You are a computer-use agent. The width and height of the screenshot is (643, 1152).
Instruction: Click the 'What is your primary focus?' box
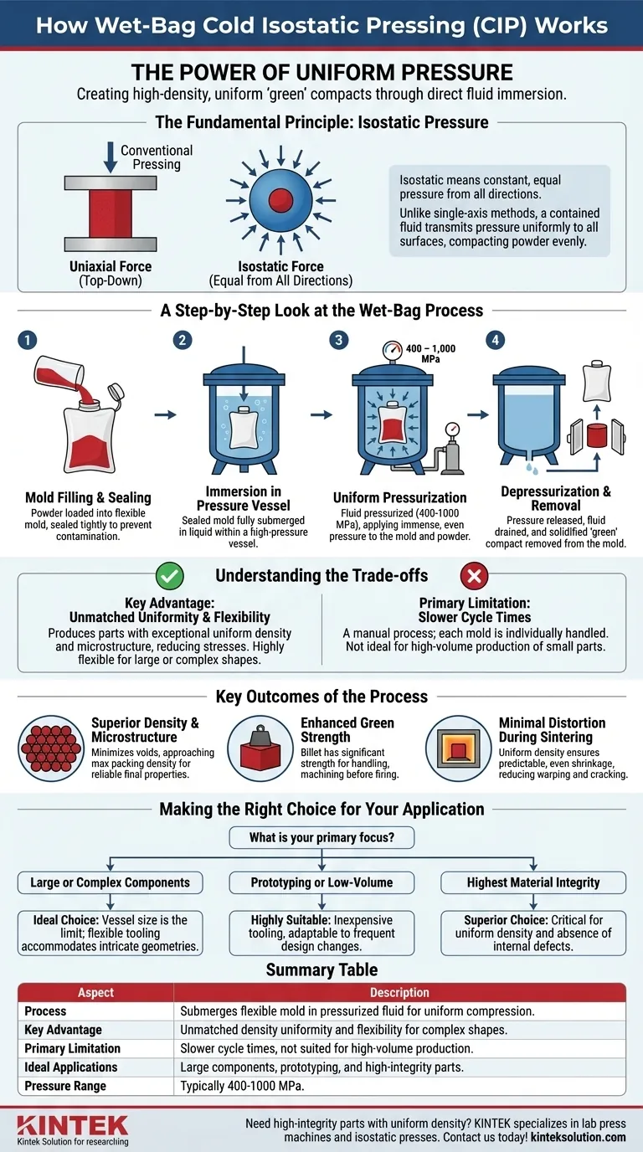321,837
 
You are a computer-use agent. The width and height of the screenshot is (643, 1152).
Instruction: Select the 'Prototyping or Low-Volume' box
321,882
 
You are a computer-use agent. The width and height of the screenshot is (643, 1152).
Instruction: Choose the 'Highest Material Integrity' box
532,882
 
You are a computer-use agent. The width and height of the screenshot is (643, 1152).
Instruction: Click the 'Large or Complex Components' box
111,882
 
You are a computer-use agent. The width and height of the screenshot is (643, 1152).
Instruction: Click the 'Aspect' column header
95,992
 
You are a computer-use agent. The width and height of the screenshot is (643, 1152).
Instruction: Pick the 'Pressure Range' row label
65,1086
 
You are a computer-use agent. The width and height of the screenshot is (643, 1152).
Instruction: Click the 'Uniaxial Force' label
111,266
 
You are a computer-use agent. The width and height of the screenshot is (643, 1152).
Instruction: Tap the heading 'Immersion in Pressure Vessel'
244,498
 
